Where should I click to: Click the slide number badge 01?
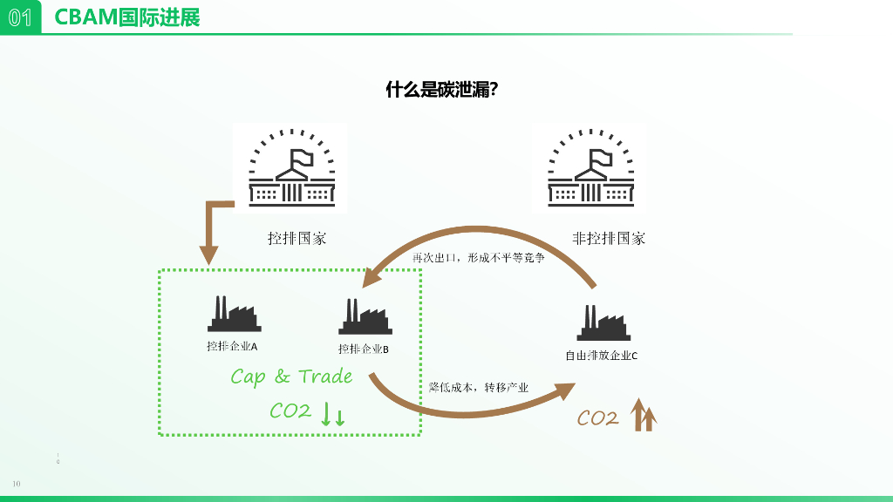(20, 17)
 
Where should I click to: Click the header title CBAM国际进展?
(127, 17)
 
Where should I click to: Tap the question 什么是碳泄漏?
(441, 90)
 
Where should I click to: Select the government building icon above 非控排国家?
(590, 167)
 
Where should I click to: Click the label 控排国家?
(297, 238)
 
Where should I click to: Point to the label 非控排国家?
(609, 238)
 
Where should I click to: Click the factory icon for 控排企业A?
(234, 314)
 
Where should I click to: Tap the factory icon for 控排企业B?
(365, 317)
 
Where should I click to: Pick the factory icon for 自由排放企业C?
(603, 322)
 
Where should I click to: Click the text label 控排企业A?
(232, 346)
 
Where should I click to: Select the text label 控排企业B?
(364, 349)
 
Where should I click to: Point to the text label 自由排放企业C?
(602, 356)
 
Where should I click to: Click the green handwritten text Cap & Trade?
(291, 376)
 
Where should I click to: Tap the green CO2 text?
(290, 410)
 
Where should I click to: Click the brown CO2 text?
(597, 419)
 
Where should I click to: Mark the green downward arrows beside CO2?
(333, 414)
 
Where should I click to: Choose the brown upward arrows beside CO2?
(644, 415)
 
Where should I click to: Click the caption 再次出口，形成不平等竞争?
(479, 259)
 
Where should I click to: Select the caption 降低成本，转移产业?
(479, 387)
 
